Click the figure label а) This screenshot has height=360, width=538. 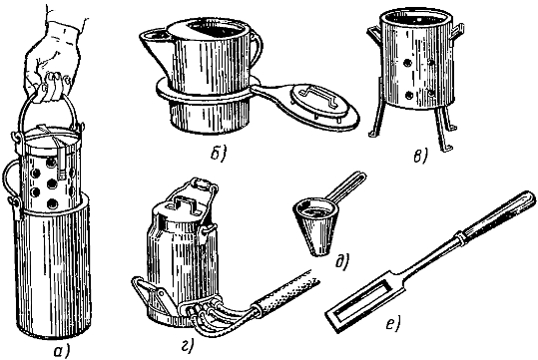tap(62, 350)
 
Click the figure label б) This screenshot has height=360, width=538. tap(219, 155)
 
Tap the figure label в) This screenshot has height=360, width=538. tap(420, 157)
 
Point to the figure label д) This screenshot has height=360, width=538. tap(342, 261)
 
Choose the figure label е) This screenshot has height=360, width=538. tap(392, 323)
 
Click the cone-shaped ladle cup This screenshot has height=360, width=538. tap(316, 227)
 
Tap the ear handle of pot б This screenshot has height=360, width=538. tap(257, 48)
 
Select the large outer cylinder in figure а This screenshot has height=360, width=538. tap(52, 267)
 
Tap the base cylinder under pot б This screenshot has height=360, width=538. tap(210, 116)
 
